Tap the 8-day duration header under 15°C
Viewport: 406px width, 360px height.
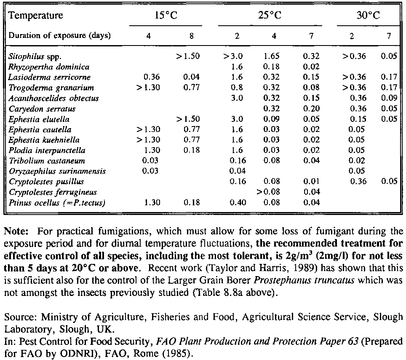pyautogui.click(x=191, y=36)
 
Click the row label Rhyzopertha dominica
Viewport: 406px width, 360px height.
pyautogui.click(x=49, y=67)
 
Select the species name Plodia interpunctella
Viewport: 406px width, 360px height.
pyautogui.click(x=47, y=150)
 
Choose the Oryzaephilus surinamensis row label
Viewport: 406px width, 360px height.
pyautogui.click(x=57, y=171)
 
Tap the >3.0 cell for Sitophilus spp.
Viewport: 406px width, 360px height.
pyautogui.click(x=233, y=56)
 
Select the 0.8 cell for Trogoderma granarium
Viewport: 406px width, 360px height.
pyautogui.click(x=237, y=88)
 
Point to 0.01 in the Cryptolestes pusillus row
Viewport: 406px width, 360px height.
pyautogui.click(x=311, y=182)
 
